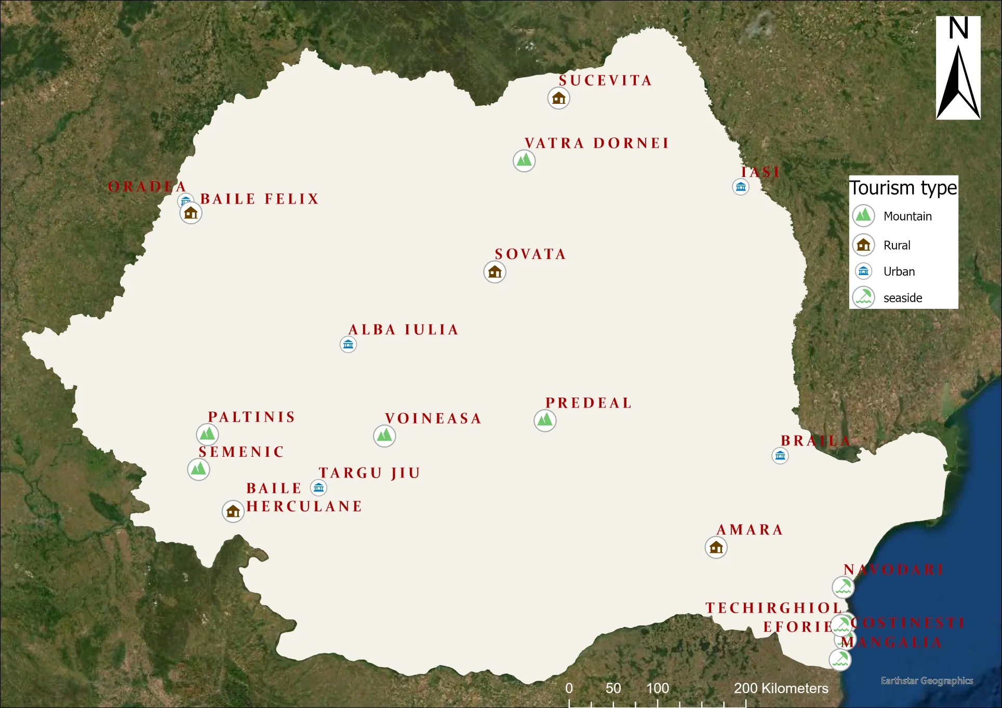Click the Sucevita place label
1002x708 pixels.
pos(605,80)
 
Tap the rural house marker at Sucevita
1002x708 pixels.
pos(559,98)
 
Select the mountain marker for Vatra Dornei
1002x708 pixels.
pos(524,160)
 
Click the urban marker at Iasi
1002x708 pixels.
pos(741,187)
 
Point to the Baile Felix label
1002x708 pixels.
pos(260,199)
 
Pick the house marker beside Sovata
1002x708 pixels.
pos(495,272)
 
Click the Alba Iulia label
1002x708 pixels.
pos(404,330)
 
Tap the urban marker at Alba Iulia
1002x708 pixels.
pos(348,344)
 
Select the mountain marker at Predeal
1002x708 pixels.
pos(545,420)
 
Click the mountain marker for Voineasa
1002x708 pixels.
pos(384,435)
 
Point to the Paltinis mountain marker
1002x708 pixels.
pos(207,434)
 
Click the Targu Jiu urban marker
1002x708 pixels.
pos(318,488)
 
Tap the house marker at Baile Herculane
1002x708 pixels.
pos(233,511)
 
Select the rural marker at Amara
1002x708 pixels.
pos(716,547)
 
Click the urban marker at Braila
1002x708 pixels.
pos(780,456)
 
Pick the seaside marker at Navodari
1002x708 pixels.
pos(843,587)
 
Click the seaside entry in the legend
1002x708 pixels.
pos(902,298)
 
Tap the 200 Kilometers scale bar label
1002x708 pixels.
pos(781,688)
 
